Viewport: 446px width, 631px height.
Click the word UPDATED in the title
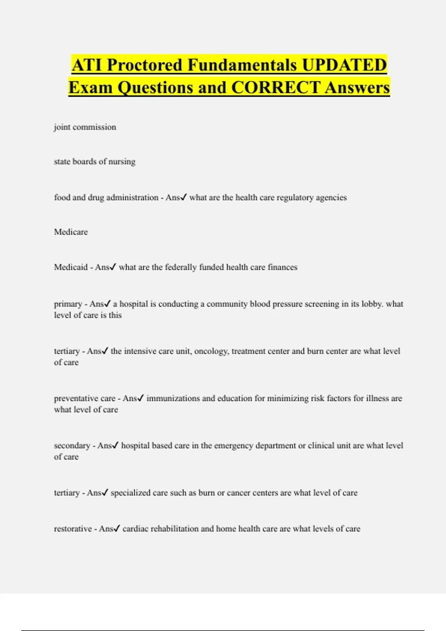pos(344,65)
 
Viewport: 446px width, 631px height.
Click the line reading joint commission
pos(85,127)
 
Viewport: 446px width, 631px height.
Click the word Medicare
pos(71,232)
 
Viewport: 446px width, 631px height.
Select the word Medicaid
pos(71,267)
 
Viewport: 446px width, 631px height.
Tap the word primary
pos(68,304)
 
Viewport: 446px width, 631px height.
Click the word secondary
pos(72,445)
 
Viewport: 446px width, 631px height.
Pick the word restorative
pos(72,529)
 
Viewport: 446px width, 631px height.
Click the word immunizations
pos(173,398)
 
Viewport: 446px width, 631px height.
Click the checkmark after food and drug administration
pos(183,197)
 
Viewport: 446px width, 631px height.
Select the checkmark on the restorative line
pos(116,529)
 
